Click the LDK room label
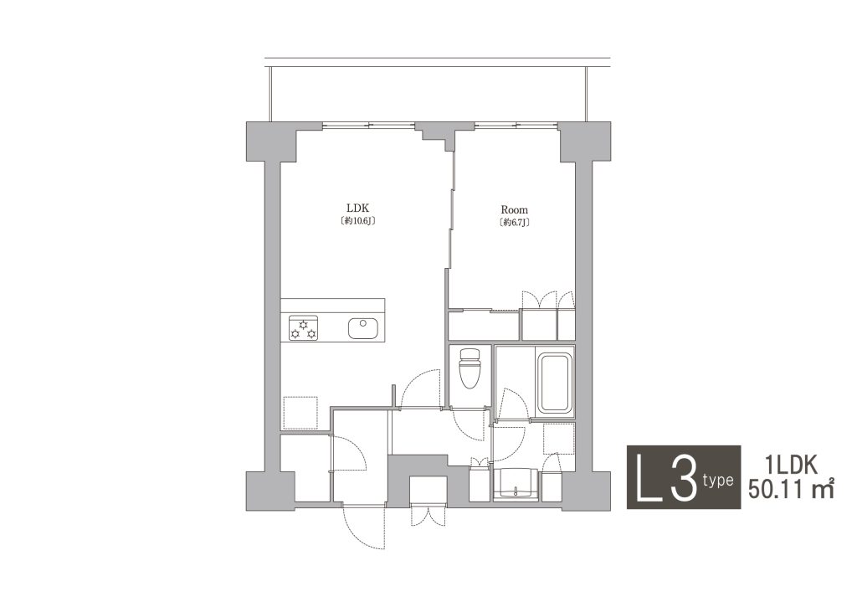coord(358,208)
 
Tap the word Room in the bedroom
coord(515,209)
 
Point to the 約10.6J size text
coord(358,221)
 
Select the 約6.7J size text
coord(515,222)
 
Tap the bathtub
coord(555,383)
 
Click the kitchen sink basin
coord(363,327)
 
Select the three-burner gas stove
coord(303,328)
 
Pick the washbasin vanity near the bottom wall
coord(516,483)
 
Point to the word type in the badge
coord(718,481)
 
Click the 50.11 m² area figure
coord(791,488)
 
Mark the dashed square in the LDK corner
coord(300,413)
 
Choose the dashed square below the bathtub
coord(558,438)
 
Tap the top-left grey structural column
coord(271,141)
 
